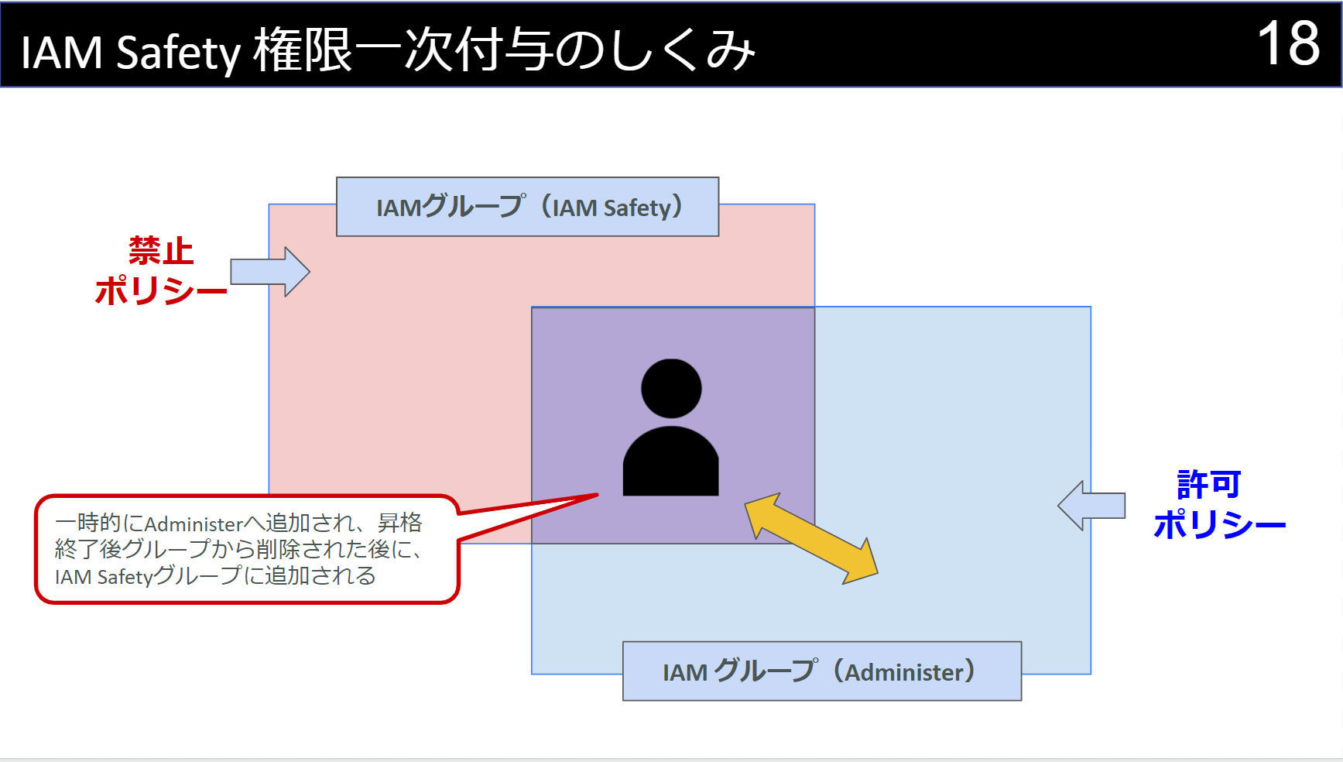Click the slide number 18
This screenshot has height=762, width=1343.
1288,44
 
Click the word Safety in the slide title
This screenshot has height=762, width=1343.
178,53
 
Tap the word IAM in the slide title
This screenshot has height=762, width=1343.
61,53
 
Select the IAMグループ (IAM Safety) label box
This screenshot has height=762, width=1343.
527,207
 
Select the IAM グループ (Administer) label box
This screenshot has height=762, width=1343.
821,671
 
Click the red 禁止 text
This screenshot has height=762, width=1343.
161,251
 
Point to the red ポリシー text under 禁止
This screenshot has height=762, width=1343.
161,291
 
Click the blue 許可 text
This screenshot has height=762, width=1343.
1208,485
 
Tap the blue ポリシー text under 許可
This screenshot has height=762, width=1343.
1219,525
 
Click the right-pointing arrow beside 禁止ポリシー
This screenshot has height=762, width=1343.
271,272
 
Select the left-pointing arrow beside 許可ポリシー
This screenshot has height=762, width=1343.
1091,506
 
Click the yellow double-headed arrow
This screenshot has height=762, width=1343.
810,538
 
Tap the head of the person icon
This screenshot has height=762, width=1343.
671,388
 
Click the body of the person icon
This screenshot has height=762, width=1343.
671,463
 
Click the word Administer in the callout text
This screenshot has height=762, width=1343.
194,524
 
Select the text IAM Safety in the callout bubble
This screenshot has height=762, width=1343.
104,577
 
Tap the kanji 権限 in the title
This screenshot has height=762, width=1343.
303,51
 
